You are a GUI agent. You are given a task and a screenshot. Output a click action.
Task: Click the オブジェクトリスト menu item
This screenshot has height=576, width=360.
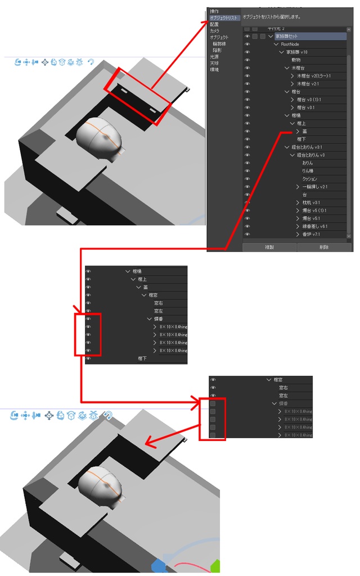(x=224, y=18)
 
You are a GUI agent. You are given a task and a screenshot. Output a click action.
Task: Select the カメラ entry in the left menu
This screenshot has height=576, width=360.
(x=215, y=31)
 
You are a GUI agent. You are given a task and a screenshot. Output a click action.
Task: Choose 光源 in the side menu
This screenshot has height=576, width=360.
(x=215, y=57)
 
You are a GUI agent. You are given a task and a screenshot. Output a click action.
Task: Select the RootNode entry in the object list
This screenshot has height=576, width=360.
(x=290, y=44)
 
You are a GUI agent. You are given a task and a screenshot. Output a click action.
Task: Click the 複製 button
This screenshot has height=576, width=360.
(x=269, y=247)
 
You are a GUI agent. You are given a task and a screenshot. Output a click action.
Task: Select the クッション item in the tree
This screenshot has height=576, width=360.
(x=309, y=179)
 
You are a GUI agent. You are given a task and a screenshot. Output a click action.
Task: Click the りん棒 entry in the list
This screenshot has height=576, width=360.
(x=308, y=171)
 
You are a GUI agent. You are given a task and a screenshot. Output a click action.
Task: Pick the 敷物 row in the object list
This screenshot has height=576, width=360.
(x=296, y=60)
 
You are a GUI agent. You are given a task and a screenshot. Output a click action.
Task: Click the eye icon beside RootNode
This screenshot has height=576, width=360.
(x=247, y=44)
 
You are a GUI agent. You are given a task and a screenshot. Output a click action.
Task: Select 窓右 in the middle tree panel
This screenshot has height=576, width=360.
(x=159, y=303)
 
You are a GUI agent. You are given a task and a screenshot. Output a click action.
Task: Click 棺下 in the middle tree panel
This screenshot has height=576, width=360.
(x=143, y=358)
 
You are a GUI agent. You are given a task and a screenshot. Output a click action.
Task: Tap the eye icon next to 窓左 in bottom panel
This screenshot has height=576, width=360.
(x=213, y=396)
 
